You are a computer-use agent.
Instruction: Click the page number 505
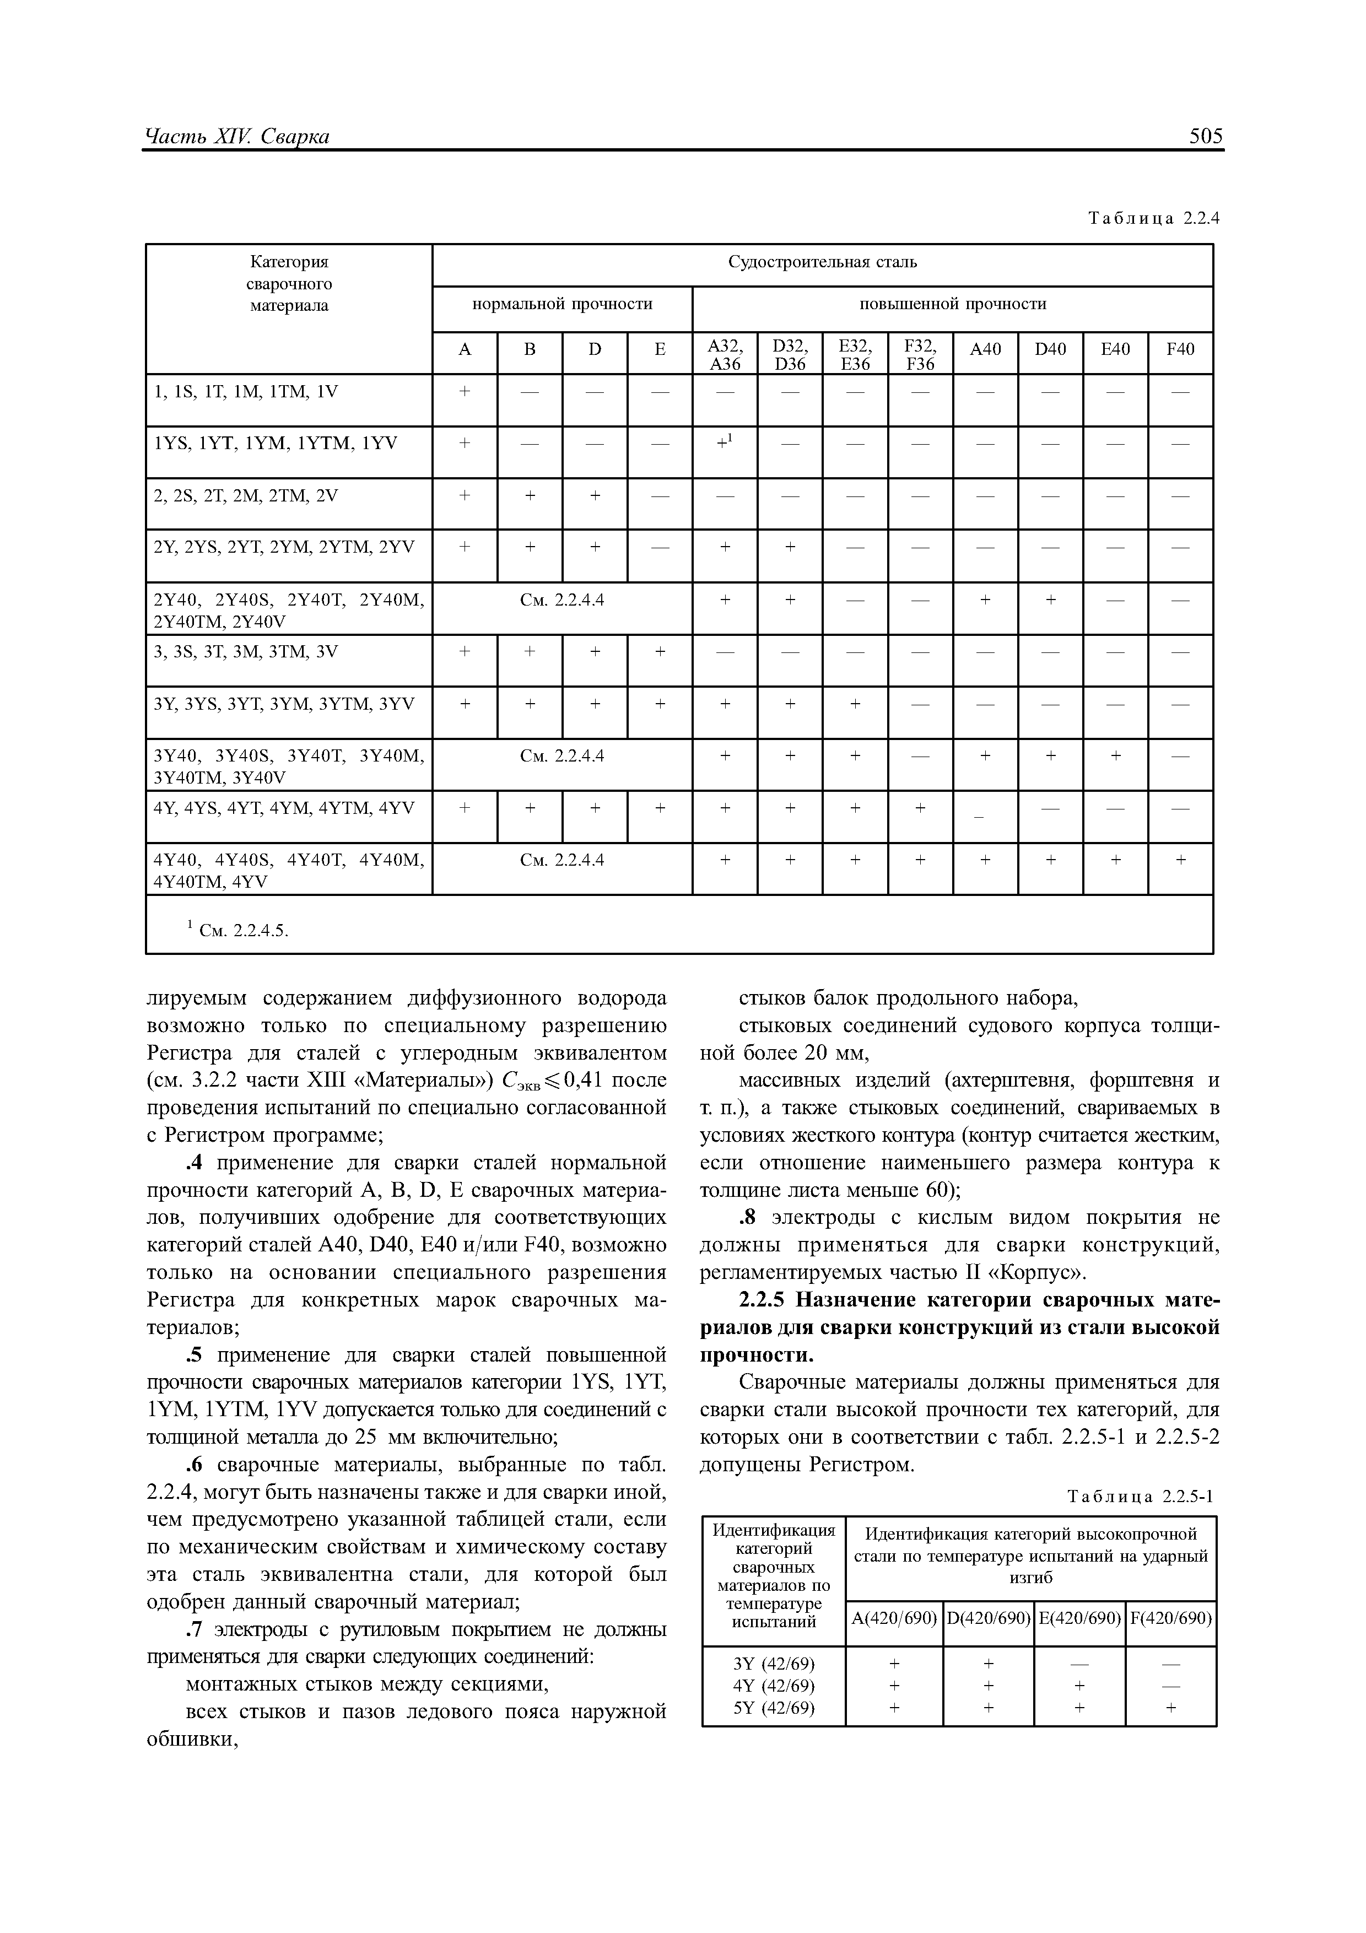coord(1205,137)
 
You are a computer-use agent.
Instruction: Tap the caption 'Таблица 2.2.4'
coord(1153,219)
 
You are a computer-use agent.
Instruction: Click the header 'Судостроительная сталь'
coord(822,263)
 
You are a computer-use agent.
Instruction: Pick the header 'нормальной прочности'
coord(561,304)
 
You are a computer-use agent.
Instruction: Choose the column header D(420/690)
coord(988,1618)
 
